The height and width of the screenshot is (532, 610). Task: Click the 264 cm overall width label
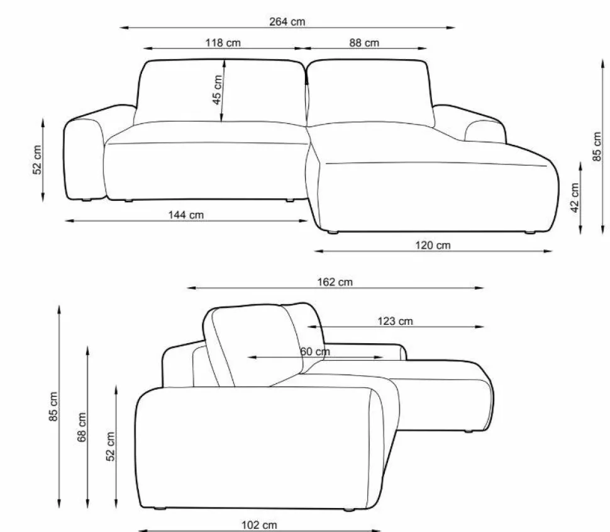coord(287,22)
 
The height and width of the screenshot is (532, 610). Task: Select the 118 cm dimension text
coord(223,42)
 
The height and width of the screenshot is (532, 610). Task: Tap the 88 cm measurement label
coord(364,42)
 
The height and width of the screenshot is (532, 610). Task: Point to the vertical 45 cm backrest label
coord(217,90)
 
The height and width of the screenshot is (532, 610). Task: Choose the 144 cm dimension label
coord(186,215)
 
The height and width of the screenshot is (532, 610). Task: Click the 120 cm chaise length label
coord(433,246)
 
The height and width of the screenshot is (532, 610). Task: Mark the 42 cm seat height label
coord(575,198)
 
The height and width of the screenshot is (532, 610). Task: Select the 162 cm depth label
coord(335,282)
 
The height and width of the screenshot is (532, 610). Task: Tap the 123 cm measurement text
coord(396,321)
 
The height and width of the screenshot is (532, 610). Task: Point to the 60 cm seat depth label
coord(315,352)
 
